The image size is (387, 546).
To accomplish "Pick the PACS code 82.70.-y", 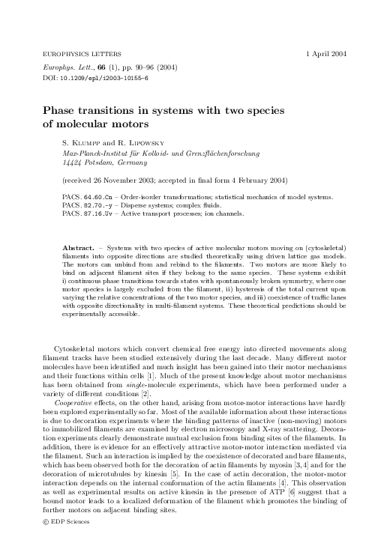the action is point(97,204).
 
